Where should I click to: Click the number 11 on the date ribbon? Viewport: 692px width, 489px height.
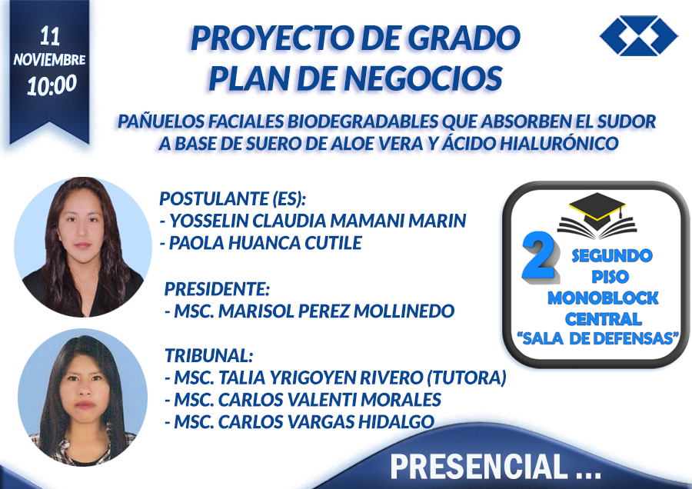click(49, 36)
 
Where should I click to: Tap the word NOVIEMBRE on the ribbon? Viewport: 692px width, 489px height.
click(49, 59)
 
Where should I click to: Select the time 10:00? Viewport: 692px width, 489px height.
click(52, 85)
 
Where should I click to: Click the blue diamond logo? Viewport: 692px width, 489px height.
click(638, 35)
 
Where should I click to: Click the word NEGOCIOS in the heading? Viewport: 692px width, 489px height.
click(424, 78)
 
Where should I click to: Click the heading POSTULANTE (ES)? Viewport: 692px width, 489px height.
click(232, 198)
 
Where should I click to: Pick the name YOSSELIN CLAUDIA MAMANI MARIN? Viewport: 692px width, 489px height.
click(318, 221)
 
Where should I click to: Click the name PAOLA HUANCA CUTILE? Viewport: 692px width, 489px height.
click(265, 243)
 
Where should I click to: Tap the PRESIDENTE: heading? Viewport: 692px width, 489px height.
click(217, 288)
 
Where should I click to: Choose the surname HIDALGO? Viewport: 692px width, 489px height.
click(396, 422)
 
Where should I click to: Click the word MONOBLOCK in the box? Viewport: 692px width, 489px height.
click(603, 298)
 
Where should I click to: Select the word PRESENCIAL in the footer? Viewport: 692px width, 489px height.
click(479, 467)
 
